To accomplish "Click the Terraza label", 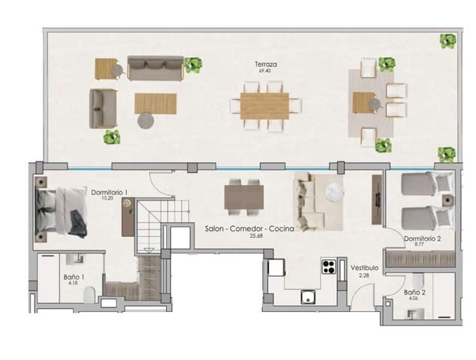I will click(x=267, y=65).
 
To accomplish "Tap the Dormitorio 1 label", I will click(x=110, y=192).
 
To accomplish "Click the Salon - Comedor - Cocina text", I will click(x=249, y=226).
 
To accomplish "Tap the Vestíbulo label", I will click(x=364, y=268).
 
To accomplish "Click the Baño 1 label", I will click(x=74, y=276).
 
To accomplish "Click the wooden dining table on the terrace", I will click(x=264, y=104).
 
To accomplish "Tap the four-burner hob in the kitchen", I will click(x=329, y=265).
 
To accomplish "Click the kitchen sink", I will click(x=308, y=297).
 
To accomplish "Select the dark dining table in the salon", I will click(x=244, y=197).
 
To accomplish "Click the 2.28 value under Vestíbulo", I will click(x=364, y=275).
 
